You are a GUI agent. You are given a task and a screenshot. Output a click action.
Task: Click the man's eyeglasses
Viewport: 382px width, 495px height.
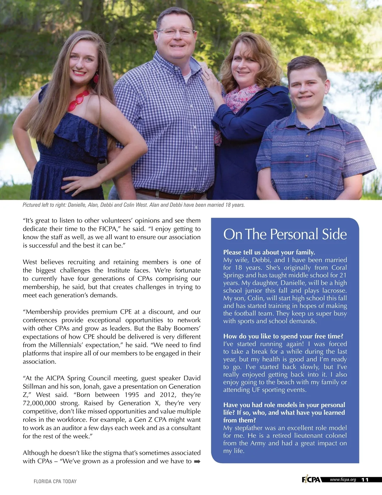tap(175, 31)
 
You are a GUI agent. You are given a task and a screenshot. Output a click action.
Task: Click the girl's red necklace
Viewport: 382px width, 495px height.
tap(78, 100)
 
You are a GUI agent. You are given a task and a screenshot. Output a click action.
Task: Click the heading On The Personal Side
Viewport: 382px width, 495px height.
tap(285, 234)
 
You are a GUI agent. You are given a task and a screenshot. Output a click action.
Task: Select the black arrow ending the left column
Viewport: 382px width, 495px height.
tap(197, 461)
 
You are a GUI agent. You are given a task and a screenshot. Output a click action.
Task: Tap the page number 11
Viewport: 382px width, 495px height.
tap(365, 480)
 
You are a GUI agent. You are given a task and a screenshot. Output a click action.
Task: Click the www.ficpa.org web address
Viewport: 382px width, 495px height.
tap(343, 479)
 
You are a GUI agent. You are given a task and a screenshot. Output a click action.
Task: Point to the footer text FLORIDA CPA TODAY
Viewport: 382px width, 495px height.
tap(55, 481)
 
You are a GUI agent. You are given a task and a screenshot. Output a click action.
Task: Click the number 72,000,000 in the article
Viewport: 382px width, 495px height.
tap(39, 403)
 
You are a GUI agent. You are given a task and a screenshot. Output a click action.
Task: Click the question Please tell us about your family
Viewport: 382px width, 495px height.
tap(269, 252)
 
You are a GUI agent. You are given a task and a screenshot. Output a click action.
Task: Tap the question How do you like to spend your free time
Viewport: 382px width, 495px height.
tap(283, 336)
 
